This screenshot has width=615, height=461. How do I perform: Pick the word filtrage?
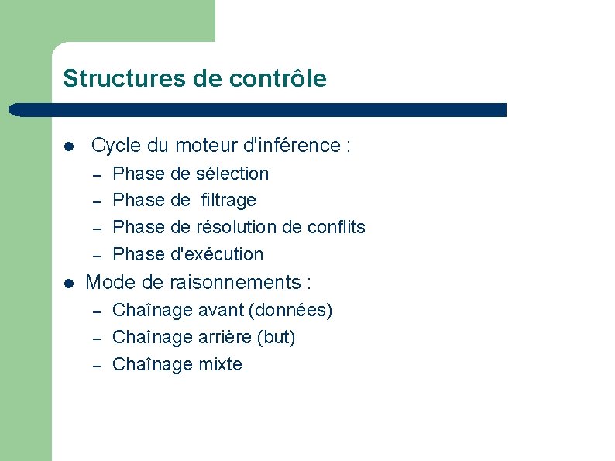[228, 200]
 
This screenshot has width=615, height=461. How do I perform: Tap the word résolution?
[234, 227]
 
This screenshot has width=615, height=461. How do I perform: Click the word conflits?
[335, 227]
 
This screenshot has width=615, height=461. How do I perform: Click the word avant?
[220, 311]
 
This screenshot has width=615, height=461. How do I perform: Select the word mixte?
[221, 364]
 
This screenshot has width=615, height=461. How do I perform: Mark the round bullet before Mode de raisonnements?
[69, 283]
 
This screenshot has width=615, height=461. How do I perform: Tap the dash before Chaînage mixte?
[98, 365]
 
